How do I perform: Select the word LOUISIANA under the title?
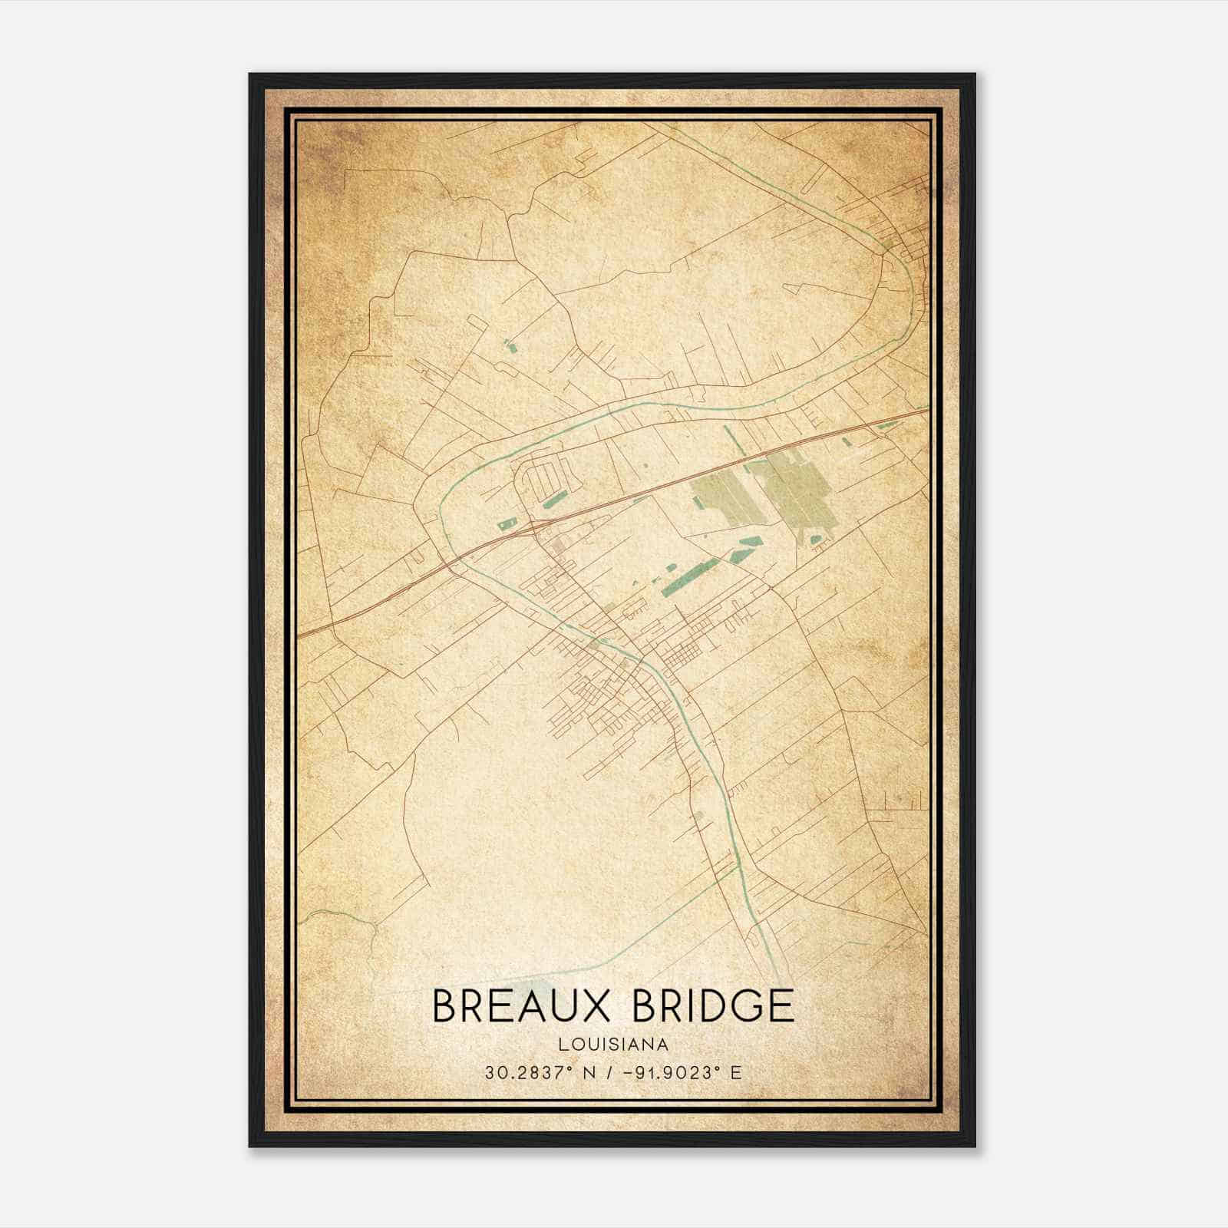pos(613,1044)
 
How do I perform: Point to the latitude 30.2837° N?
pos(536,1072)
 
